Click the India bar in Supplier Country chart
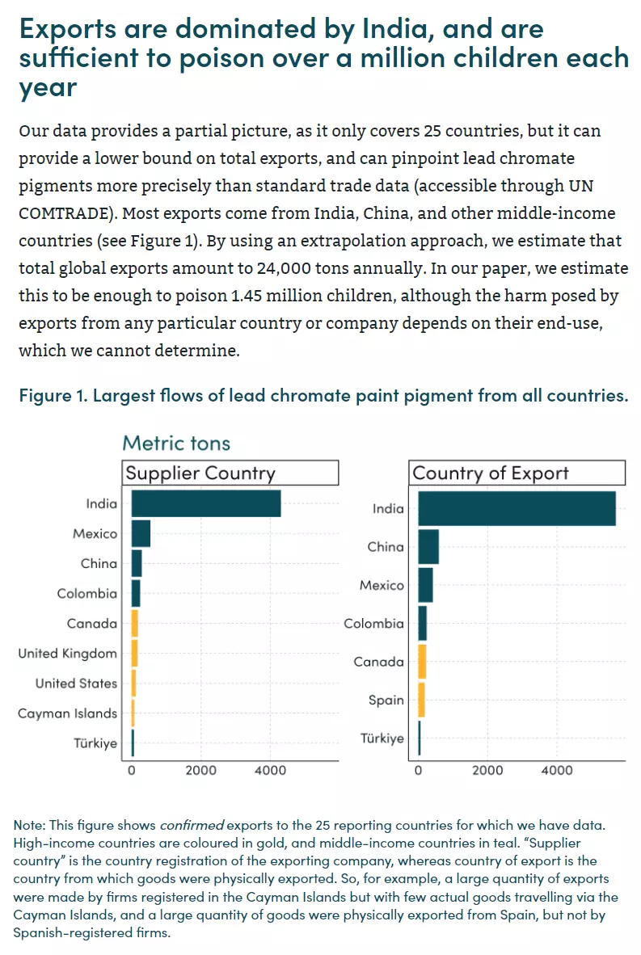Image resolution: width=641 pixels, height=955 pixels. coord(206,503)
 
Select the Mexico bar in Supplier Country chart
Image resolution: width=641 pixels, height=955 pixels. coord(141,533)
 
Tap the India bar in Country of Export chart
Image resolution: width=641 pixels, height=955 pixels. coord(517,508)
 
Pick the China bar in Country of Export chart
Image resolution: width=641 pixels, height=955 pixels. coord(428,547)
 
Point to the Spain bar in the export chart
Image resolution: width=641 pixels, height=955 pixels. coord(421,700)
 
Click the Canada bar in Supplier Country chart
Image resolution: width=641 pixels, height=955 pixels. coord(135,623)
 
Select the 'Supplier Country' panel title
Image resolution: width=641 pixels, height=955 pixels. coord(200,473)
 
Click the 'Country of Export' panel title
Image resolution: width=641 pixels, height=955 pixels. coord(491,473)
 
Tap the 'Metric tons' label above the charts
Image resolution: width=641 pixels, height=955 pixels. coord(177,443)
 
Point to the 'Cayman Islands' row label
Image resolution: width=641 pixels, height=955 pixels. coord(67,713)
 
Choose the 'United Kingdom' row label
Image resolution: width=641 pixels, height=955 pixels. coord(67,654)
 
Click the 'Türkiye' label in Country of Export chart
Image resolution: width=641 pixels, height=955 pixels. coord(382,738)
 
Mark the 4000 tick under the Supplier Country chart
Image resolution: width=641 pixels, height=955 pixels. coord(271,771)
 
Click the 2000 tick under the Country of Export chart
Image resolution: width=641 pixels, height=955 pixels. coord(487,771)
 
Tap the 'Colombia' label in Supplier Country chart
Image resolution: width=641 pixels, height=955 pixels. coord(87,593)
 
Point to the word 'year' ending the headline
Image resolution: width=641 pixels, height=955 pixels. coord(48,88)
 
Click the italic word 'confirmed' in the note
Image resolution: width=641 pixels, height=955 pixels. coord(192,825)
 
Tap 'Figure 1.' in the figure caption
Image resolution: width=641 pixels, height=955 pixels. coord(53,396)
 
